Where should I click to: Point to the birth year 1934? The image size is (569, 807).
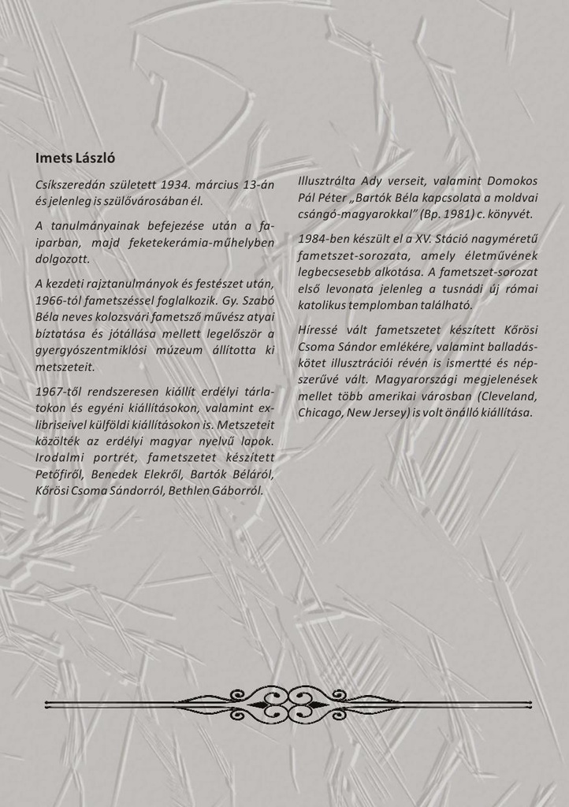(176, 184)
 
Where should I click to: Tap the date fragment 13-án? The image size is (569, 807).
(257, 184)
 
